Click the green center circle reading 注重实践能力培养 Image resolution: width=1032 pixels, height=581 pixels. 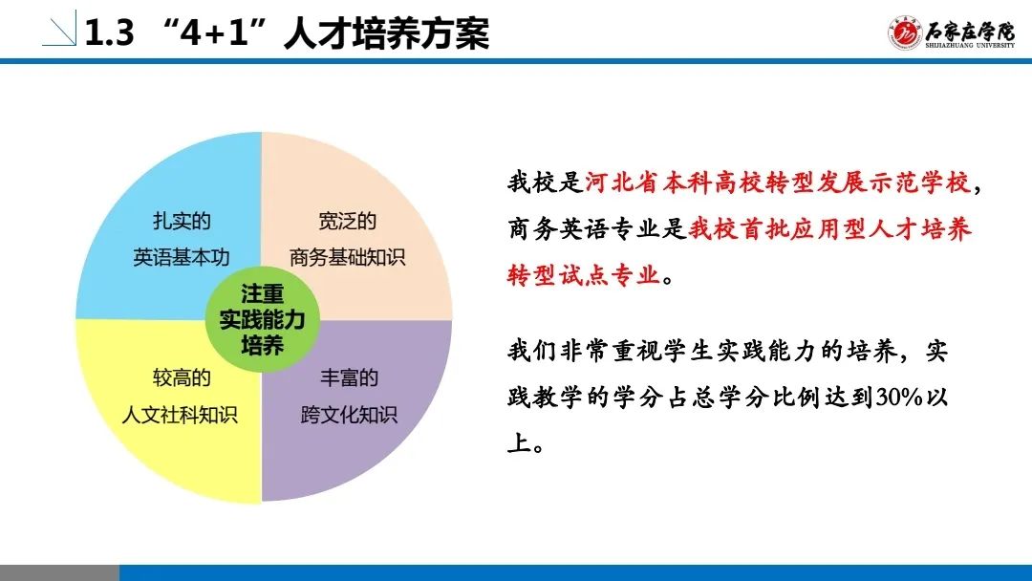click(x=263, y=319)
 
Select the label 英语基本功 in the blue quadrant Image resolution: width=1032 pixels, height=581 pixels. click(x=182, y=257)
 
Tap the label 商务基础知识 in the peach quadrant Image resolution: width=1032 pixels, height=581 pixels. click(x=348, y=257)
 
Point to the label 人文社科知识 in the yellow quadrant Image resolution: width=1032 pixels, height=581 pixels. click(x=180, y=415)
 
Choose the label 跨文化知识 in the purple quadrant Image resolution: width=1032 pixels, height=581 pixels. click(x=349, y=415)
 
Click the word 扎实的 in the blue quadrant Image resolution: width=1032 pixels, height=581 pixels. click(x=182, y=221)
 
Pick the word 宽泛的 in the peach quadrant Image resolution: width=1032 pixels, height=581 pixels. click(x=348, y=221)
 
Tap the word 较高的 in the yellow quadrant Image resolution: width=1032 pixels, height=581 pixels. click(x=182, y=378)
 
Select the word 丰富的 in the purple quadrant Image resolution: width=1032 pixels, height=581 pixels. click(x=349, y=378)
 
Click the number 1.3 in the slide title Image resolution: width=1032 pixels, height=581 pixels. click(x=109, y=32)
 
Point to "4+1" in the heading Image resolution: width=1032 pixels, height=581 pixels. click(x=215, y=32)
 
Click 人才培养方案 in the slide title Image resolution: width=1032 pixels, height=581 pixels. click(x=386, y=32)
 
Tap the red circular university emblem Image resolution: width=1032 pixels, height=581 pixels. click(x=904, y=32)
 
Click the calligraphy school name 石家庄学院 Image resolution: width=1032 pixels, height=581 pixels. click(x=970, y=30)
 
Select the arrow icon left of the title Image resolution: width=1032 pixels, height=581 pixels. click(x=59, y=29)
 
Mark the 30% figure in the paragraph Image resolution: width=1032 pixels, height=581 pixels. click(x=899, y=398)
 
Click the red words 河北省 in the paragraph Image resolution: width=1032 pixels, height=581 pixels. click(x=622, y=183)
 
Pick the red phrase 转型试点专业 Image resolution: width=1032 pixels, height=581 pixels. click(x=583, y=274)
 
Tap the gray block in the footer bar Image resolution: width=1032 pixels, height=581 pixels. click(x=60, y=572)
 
